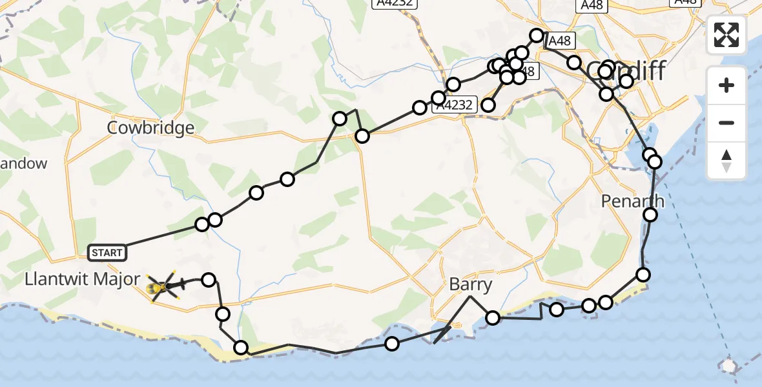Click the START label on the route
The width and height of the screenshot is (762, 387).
pos(107,253)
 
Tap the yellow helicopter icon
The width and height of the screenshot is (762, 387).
pos(161,286)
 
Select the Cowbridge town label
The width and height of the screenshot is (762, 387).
pos(151,128)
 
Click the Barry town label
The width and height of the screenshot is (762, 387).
pos(471,285)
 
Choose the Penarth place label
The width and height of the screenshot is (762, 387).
pos(632,201)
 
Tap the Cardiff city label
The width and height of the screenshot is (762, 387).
pos(625,72)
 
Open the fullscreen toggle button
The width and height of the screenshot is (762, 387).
pos(726,35)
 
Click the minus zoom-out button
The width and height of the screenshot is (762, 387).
pos(726,123)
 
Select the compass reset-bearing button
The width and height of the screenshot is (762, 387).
pos(726,160)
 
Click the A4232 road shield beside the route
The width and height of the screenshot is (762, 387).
pos(456,104)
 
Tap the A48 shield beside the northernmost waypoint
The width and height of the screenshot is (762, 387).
pos(559,41)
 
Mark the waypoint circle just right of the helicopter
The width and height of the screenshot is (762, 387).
pos(209,279)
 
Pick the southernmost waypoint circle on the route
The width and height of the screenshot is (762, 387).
pos(241,348)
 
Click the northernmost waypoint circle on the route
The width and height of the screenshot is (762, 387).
pos(537,35)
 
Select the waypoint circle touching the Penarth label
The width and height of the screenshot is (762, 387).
pos(650,214)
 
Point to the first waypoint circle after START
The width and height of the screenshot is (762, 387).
pos(202,224)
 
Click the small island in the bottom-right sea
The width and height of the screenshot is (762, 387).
pos(729,366)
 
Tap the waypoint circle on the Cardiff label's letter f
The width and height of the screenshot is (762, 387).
pos(626,81)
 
